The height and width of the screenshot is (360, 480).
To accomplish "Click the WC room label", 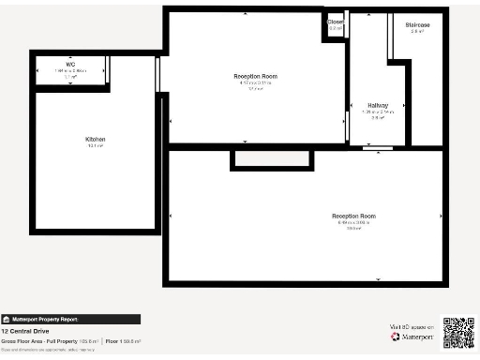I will [x=70, y=65].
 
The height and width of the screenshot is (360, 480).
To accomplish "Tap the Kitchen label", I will [x=96, y=140].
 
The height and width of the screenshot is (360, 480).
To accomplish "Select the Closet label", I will [x=336, y=22].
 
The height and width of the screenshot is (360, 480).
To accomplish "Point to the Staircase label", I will [x=417, y=24].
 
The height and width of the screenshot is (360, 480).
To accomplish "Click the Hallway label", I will [x=378, y=105].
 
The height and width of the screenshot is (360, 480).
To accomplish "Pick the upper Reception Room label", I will [x=255, y=76].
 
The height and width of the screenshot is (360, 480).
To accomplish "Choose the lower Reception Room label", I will [x=353, y=217].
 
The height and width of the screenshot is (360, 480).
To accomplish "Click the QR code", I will [x=458, y=333].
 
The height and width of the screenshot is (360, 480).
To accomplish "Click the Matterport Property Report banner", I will [x=70, y=319].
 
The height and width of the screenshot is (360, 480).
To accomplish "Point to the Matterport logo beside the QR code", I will [x=410, y=337].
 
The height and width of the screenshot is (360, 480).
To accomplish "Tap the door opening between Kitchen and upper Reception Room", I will [x=157, y=73].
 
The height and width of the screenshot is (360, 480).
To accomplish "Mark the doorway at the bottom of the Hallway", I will [x=378, y=148].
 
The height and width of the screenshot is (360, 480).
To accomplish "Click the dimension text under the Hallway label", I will [x=378, y=112].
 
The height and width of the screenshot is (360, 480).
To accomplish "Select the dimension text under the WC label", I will [x=70, y=70].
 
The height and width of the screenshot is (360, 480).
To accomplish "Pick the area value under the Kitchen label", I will [x=96, y=146].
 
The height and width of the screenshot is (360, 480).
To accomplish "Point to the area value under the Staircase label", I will [x=417, y=31].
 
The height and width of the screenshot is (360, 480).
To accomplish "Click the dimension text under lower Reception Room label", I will [x=353, y=222].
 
